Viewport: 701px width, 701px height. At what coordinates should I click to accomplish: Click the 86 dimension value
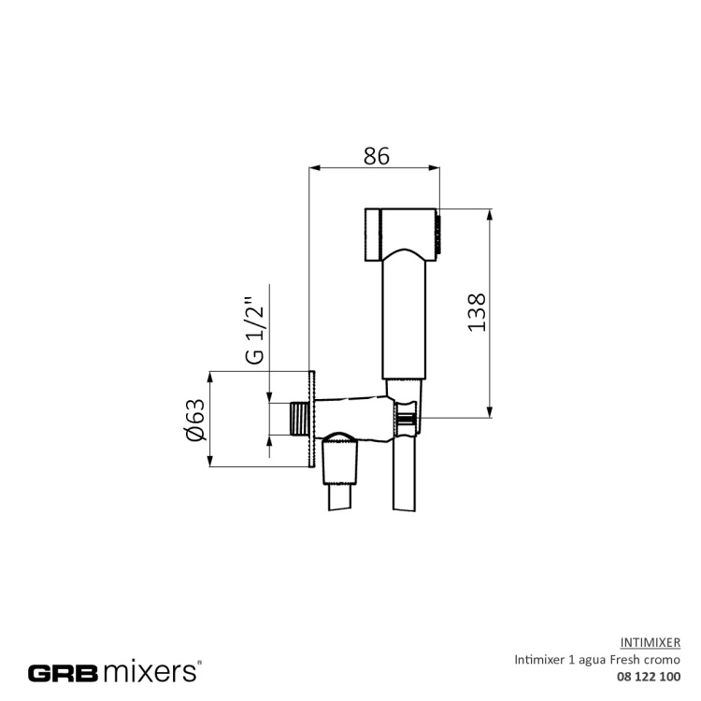[376, 156]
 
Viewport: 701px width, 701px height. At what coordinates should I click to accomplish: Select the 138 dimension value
[477, 312]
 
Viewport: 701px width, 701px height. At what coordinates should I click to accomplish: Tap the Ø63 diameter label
[195, 420]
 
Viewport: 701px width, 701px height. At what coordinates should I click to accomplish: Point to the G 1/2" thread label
[253, 331]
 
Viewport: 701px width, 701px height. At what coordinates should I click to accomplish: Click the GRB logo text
[62, 671]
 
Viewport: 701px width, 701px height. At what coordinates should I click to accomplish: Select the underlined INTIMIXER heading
[650, 642]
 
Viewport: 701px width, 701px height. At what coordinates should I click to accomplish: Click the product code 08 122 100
[646, 676]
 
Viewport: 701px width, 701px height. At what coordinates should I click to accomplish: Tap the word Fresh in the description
[625, 659]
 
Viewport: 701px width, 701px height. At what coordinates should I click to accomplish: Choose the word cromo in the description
[663, 659]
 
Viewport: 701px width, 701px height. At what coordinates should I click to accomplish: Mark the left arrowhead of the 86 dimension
[314, 168]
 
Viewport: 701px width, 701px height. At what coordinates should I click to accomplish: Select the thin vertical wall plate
[311, 420]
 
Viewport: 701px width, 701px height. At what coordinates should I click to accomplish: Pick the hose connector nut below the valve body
[340, 464]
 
